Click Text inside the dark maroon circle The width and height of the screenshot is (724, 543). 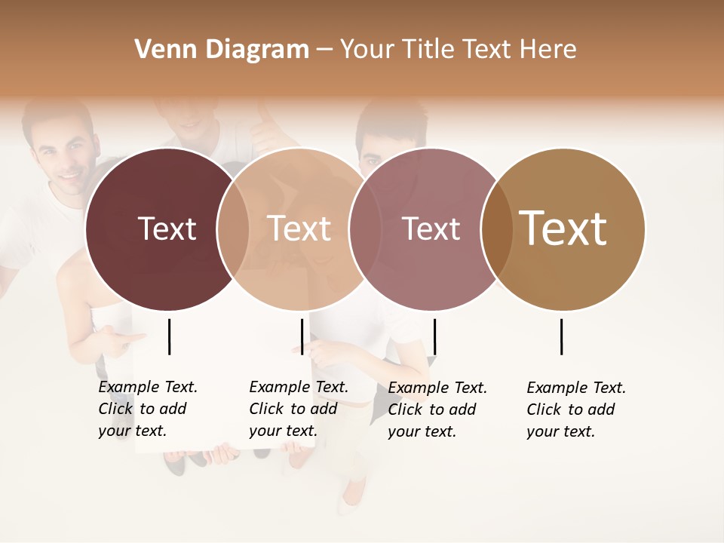point(167,229)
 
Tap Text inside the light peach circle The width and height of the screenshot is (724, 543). point(299,229)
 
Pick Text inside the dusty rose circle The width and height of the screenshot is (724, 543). point(431,229)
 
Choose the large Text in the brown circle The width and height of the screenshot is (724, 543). point(563,229)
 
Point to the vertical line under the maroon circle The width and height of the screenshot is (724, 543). point(170,336)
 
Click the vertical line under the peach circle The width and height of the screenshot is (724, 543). point(302,336)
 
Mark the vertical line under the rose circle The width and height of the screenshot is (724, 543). point(434,336)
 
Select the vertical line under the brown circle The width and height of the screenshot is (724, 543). point(562,336)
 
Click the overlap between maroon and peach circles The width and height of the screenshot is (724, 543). point(233,229)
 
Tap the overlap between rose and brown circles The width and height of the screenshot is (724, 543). point(496,229)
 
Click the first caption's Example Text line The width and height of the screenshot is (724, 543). point(148,387)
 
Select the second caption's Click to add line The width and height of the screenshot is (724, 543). point(293,409)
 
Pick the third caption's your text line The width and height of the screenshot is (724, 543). point(422,431)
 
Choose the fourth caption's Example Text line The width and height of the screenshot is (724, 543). point(576,388)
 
